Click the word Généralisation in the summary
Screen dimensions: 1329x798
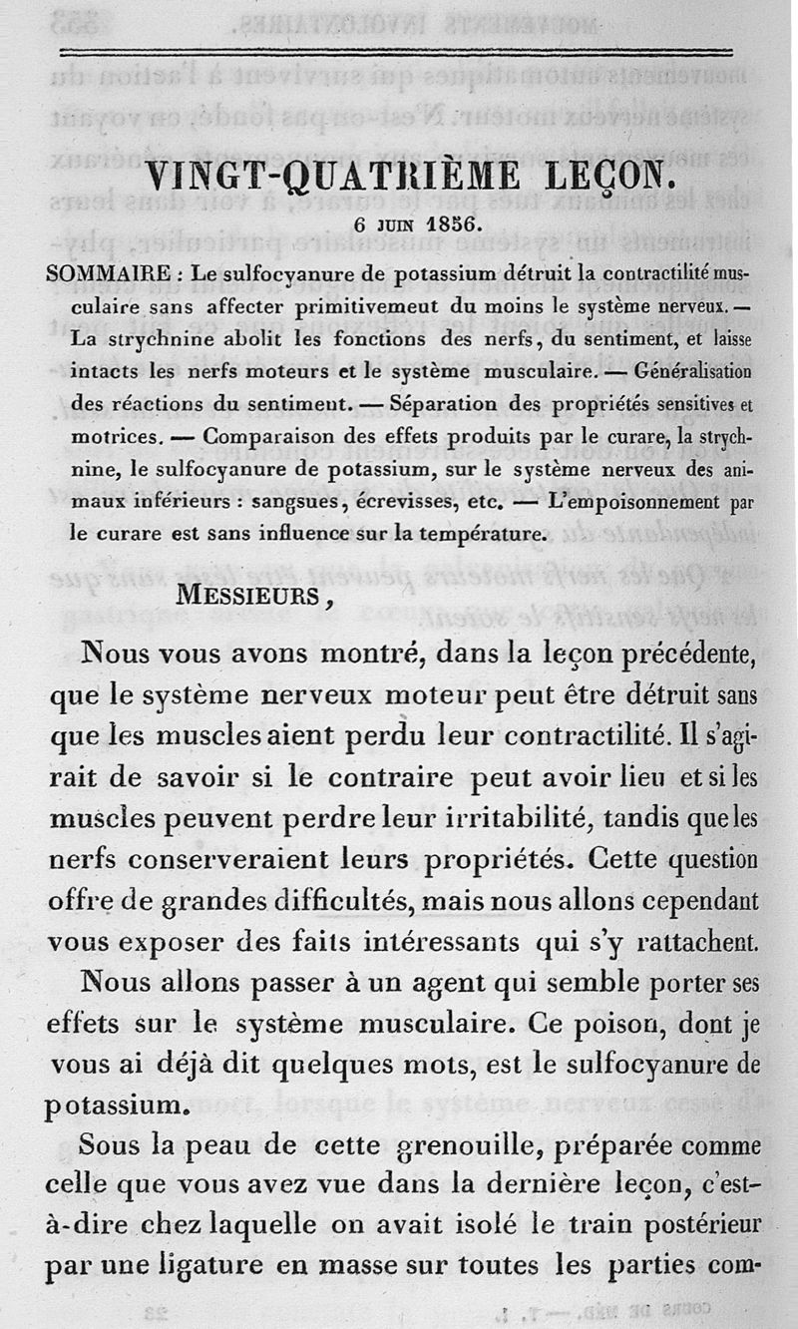click(689, 367)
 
